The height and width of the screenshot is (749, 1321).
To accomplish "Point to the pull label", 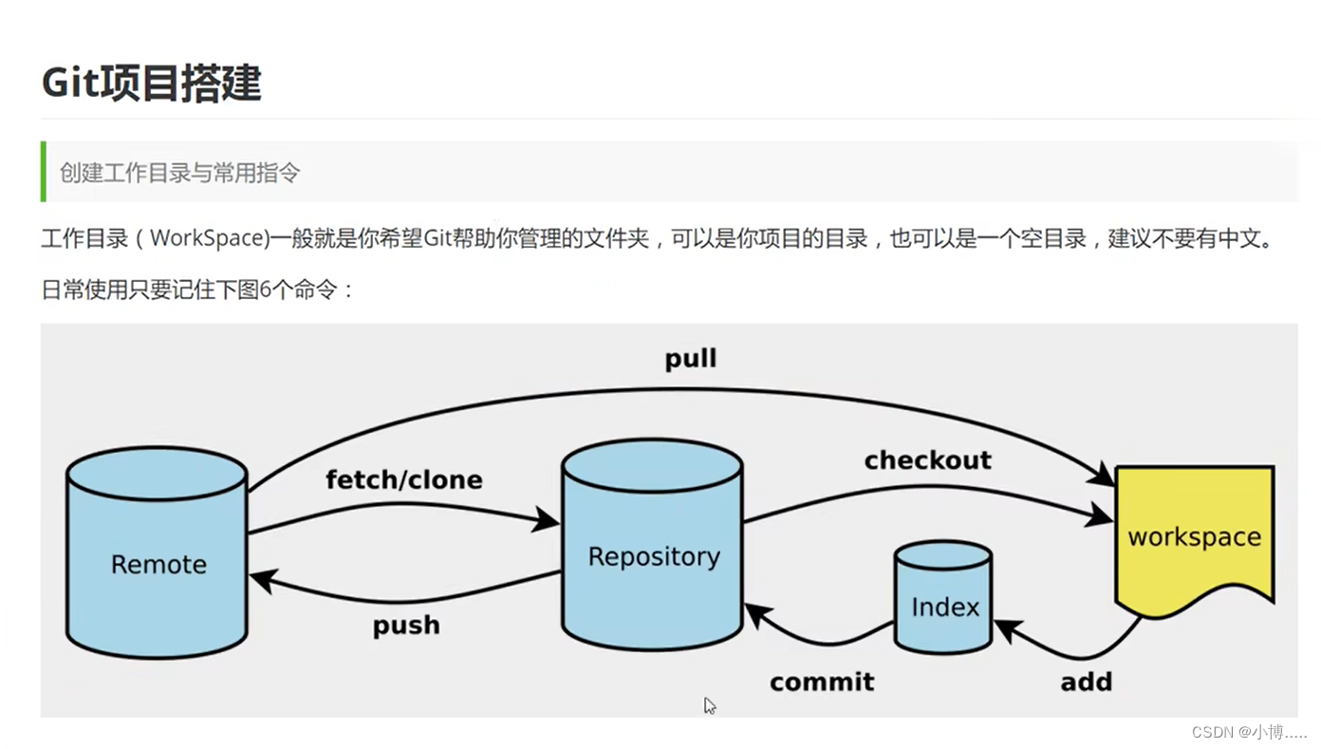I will coord(691,360).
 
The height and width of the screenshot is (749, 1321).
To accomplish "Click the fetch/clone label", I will coord(403,480).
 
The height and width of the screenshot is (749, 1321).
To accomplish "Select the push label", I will coord(406,626).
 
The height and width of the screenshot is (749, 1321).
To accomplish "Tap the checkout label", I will coord(927,460).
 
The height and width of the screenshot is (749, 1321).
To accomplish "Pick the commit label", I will coord(822,683).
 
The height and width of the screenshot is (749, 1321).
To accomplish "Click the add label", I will coord(1086,683).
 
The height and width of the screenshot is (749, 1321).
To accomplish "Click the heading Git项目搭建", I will coord(151,84).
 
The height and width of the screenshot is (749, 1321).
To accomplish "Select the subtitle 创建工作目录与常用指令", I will coord(180,173).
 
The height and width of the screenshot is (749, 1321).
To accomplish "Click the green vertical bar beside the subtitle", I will coord(44,172).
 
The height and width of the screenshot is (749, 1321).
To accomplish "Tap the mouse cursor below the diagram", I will coord(709,705).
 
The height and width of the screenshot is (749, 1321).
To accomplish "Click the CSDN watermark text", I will coord(1249,732).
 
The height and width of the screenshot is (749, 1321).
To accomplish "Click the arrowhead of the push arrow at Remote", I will coord(261,580).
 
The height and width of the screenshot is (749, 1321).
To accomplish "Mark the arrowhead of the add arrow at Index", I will coord(1006,628).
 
